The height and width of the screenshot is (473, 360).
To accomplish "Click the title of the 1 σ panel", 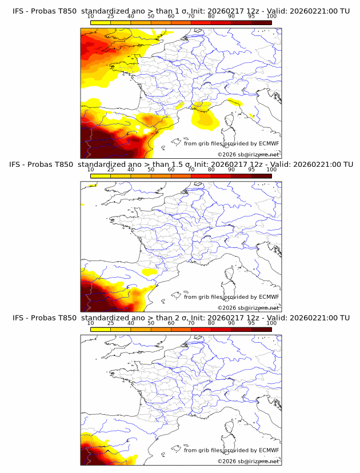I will [180, 11].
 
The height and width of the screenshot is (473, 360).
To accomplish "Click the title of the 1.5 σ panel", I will [180, 165].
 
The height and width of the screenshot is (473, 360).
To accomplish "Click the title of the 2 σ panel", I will [180, 318].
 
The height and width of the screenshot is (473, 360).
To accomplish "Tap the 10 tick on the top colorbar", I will [90, 17].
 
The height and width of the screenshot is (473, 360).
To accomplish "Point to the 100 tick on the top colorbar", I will [271, 17].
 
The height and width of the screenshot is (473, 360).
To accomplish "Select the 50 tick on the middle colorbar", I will [151, 170].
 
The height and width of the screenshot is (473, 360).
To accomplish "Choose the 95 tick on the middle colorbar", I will [251, 170].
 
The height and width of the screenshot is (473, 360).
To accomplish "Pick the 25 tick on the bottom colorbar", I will [110, 323].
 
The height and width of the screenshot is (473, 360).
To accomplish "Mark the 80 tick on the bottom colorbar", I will [211, 323].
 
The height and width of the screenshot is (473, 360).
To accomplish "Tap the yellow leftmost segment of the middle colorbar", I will [100, 177].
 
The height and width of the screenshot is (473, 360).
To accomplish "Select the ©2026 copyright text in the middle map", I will [249, 308].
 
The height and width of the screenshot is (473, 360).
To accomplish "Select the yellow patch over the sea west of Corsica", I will [205, 118].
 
